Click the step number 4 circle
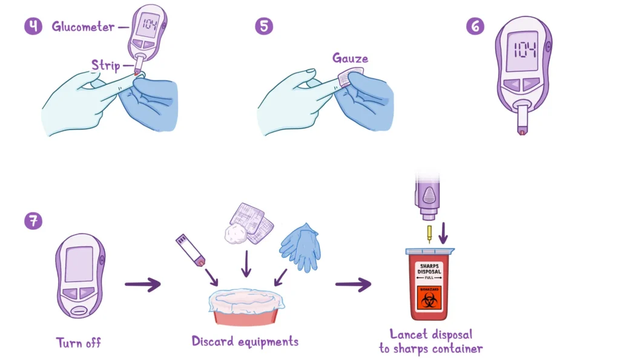coord(33,27)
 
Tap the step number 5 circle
coord(264,27)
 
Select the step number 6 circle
coord(475,27)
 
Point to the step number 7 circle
coord(33,221)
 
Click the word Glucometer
coord(84,27)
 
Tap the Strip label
coord(105,65)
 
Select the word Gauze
coord(350,59)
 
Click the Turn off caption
coord(79,343)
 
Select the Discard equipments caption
coord(245,341)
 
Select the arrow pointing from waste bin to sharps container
coord(353,284)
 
